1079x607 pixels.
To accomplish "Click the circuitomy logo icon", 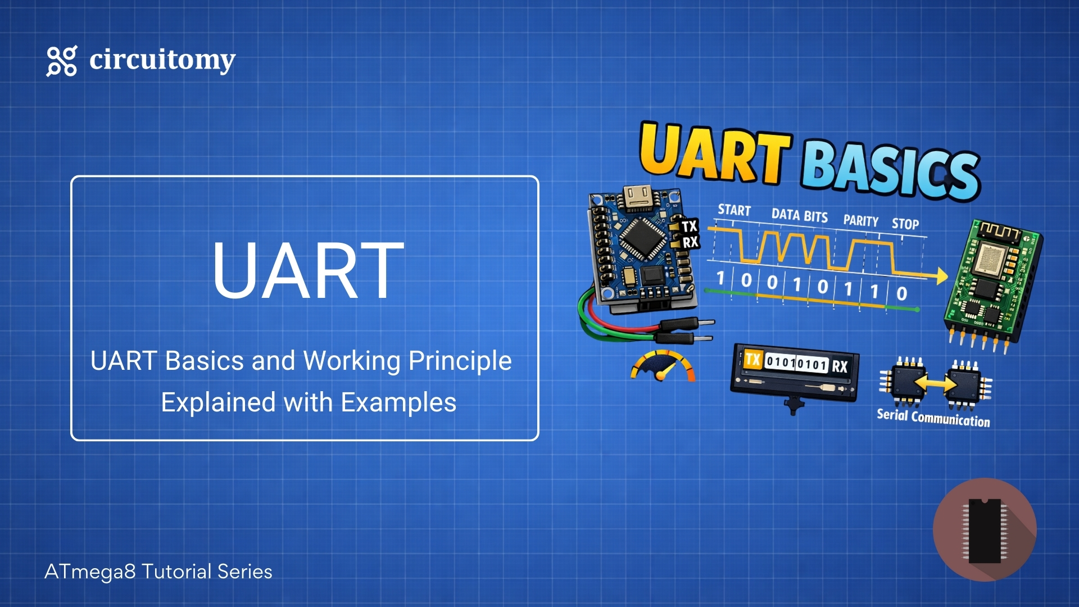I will pos(61,61).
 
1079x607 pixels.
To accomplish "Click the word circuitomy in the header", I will pos(162,60).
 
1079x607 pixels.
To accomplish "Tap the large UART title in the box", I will pos(308,270).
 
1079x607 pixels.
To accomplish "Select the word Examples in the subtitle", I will pos(398,402).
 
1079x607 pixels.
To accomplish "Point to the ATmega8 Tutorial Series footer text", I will pos(158,572).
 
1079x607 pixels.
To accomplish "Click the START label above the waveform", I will pos(734,210).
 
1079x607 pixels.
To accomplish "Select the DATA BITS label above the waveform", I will pos(799,215).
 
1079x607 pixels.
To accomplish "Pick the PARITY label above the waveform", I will pos(860,221).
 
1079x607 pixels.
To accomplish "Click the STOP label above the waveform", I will pos(905,224).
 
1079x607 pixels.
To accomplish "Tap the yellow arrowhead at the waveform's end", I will pos(941,276).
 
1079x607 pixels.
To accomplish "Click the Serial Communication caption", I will pos(933,418).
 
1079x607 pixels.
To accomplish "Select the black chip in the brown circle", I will pos(985,530).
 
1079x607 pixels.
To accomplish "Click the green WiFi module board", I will pos(992,281).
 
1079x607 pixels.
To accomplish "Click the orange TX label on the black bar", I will pos(753,359).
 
